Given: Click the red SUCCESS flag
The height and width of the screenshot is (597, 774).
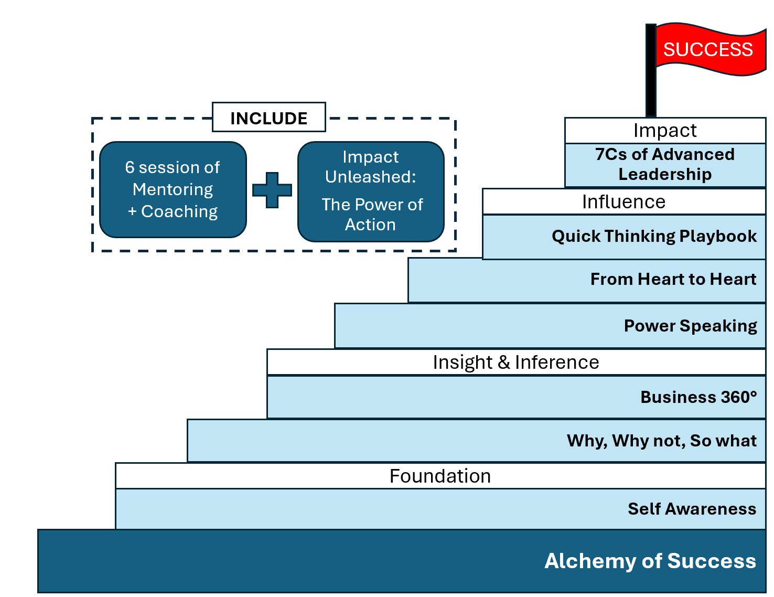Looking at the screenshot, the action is [710, 49].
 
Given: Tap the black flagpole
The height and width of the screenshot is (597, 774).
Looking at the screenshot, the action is [651, 70].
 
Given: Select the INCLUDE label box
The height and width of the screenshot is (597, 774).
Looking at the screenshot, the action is [269, 117].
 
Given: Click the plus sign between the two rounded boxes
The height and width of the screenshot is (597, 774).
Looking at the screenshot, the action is [272, 190].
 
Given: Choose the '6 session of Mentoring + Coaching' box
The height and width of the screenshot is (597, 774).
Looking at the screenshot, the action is [173, 189].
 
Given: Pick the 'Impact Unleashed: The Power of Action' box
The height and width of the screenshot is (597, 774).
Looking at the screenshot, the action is [371, 191].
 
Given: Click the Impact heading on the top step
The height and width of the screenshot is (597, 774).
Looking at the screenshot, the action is [664, 131].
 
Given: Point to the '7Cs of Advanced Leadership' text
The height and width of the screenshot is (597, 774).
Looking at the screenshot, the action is [664, 164].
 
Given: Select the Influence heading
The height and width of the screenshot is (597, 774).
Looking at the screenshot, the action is [623, 201].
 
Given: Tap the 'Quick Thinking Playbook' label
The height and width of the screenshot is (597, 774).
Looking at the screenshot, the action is [654, 236].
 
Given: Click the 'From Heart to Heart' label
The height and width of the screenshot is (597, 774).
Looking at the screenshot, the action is [673, 279].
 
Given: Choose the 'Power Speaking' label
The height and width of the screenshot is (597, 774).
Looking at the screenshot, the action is [691, 326].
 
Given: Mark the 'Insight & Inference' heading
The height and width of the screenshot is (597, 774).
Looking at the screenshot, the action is [516, 363].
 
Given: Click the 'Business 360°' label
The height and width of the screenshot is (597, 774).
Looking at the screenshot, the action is [698, 397].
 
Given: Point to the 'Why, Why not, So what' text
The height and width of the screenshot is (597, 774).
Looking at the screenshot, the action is [662, 441].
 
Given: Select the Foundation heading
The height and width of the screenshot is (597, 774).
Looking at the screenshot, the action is [440, 476].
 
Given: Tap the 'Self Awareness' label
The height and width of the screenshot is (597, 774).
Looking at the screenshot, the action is [692, 509].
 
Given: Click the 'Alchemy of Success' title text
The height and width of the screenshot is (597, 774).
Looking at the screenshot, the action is [650, 561].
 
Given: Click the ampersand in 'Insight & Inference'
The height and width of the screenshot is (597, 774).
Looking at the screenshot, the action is [503, 363].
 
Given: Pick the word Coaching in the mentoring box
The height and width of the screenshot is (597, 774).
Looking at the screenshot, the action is [179, 211].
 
